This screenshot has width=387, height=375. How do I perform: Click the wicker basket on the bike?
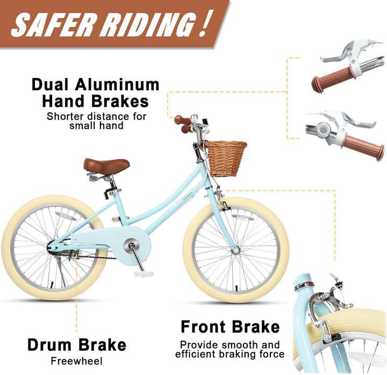coord(226,158)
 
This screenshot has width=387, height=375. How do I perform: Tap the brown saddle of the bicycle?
coord(106,166)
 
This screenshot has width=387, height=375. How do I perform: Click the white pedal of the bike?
coord(144,273)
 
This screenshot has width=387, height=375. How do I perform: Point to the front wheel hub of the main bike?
coord(236,251)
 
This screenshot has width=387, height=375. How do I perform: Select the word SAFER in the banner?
coord(54,24)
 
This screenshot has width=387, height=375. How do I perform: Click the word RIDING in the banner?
coord(147,25)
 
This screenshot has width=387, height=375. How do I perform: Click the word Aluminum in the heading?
coord(117,85)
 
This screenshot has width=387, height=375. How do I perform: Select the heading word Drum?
coord(49,345)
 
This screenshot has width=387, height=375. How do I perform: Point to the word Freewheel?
coord(76,361)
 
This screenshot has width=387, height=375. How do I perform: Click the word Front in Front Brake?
coord(203,327)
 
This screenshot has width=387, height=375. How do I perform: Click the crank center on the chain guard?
coord(131,246)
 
